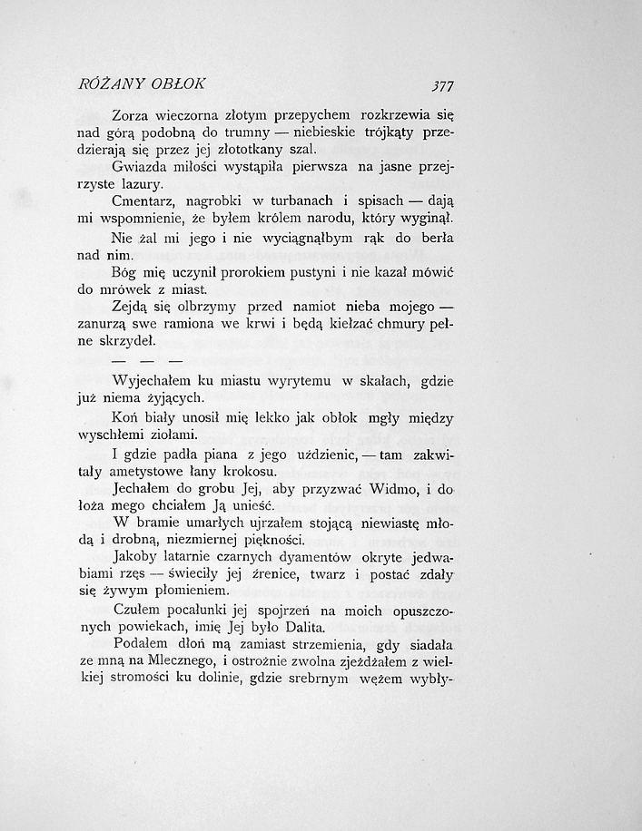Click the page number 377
pyautogui.click(x=442, y=86)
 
